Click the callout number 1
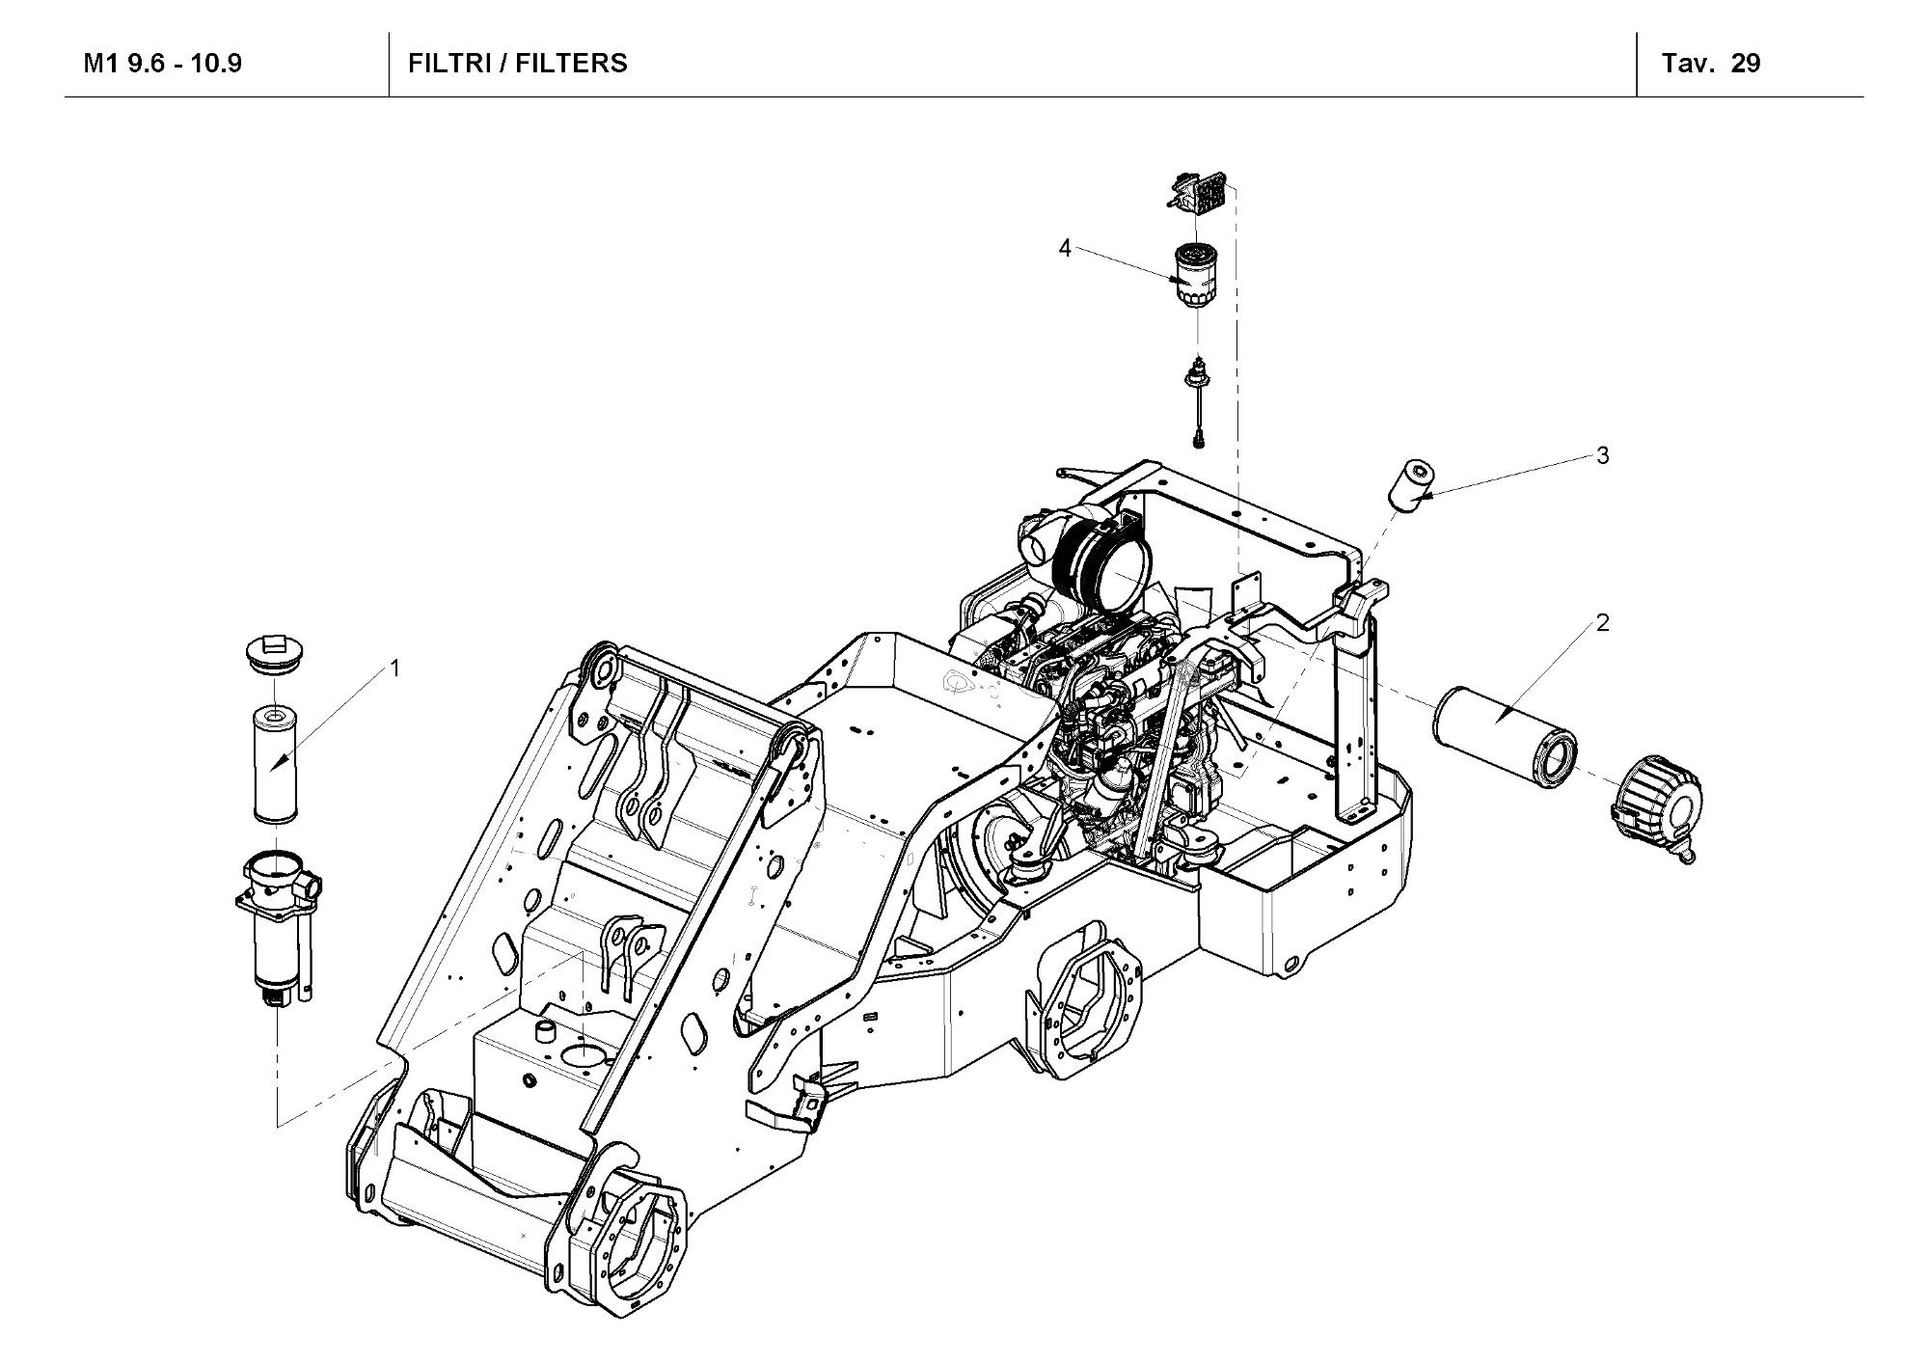394,668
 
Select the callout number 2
1603,623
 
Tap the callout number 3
1603,455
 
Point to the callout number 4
1065,249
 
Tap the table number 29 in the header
1746,64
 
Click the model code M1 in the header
102,64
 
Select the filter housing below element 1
278,921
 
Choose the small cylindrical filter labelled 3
1411,485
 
